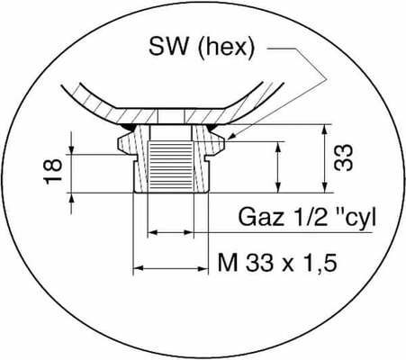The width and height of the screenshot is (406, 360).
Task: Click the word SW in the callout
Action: point(168,47)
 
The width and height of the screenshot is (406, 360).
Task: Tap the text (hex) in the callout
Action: point(226,49)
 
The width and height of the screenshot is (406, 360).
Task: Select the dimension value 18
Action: point(53,172)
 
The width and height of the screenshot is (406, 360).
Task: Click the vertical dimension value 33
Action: point(343,158)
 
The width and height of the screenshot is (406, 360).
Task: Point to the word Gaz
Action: point(261,217)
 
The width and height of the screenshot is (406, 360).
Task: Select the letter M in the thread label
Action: point(228,263)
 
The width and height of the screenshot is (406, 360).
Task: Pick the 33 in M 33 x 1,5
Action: point(260,263)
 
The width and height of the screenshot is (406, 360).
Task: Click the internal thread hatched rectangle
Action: point(171,166)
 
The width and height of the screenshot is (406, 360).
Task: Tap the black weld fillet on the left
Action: point(130,127)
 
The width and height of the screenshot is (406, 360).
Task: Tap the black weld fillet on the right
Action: point(213,127)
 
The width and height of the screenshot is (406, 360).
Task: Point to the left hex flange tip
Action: point(119,144)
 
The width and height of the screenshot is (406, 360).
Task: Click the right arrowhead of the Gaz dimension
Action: point(188,232)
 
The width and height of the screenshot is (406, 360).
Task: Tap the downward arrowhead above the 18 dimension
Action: point(71,148)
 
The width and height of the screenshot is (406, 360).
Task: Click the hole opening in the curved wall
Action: point(171,116)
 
